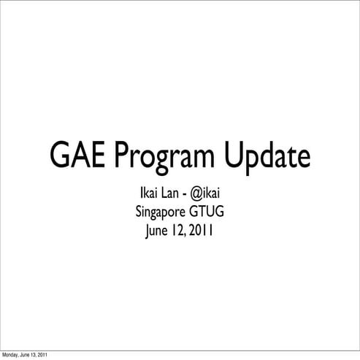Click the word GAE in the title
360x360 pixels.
[x=78, y=156]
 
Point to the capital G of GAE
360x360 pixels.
[x=60, y=156]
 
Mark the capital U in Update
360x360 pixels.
[x=234, y=156]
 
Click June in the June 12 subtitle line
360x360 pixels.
[x=158, y=233]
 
